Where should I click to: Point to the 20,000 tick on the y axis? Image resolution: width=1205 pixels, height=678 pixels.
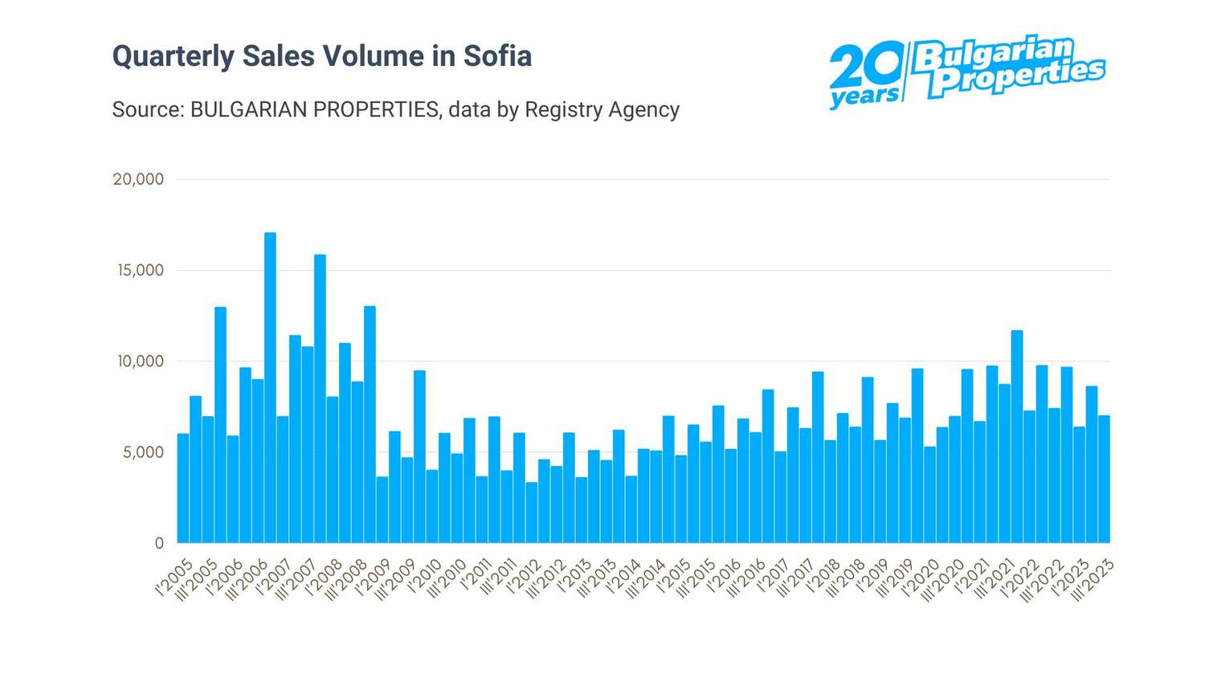(x=138, y=179)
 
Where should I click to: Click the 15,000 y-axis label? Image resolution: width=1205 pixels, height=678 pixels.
(x=141, y=270)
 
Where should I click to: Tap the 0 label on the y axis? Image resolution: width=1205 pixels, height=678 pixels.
(x=159, y=543)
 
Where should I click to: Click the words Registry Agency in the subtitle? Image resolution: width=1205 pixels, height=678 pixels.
(x=602, y=109)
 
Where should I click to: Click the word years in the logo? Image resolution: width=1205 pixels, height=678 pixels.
(x=864, y=97)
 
